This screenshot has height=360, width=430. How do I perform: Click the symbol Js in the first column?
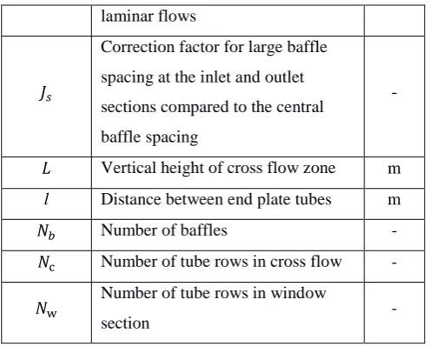45,94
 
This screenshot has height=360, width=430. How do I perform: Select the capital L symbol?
46,169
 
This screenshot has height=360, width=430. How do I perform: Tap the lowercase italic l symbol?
46,199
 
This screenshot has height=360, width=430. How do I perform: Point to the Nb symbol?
46,231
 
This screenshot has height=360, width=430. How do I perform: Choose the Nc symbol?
46,263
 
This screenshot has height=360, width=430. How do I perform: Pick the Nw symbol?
46,309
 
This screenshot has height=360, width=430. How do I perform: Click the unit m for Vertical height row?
394,170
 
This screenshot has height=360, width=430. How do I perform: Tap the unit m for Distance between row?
394,200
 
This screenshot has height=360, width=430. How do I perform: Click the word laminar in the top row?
123,16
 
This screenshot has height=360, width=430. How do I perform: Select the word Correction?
137,47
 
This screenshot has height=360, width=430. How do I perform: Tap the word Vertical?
129,168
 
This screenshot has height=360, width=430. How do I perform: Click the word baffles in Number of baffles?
204,230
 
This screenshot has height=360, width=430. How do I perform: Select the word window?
298,293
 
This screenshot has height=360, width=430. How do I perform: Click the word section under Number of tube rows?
125,323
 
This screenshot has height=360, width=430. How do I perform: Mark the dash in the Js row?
394,93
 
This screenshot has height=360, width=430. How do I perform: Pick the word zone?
320,169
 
